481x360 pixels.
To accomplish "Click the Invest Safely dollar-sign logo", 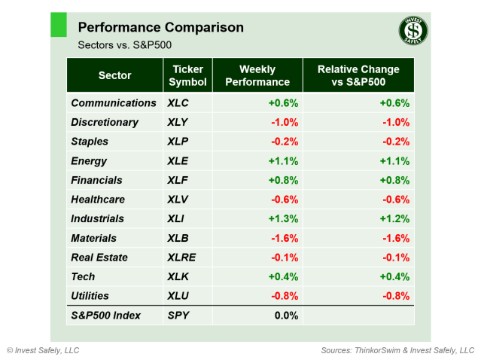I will tap(413, 31).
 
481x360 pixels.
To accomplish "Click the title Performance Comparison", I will tap(160, 28).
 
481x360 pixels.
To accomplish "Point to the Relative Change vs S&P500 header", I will tap(358, 75).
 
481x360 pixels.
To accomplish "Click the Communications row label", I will tap(114, 103).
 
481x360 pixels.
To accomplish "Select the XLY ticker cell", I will tap(179, 122).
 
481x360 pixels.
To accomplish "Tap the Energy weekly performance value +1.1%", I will tap(283, 160).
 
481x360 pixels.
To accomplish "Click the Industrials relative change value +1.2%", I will tap(394, 218).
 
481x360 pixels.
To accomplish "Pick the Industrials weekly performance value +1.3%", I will tap(283, 218).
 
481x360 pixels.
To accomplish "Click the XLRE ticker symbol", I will tap(182, 257).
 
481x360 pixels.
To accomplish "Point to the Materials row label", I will tap(93, 238).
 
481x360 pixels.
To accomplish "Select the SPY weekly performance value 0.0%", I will tap(286, 316).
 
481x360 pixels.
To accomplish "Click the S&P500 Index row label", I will tap(105, 316).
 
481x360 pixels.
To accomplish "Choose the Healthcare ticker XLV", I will tap(179, 200).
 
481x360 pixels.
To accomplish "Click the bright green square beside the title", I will tap(59, 24).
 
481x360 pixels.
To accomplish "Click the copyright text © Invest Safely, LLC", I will tap(43, 350).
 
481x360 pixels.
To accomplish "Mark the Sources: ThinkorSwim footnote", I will tap(397, 350).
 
